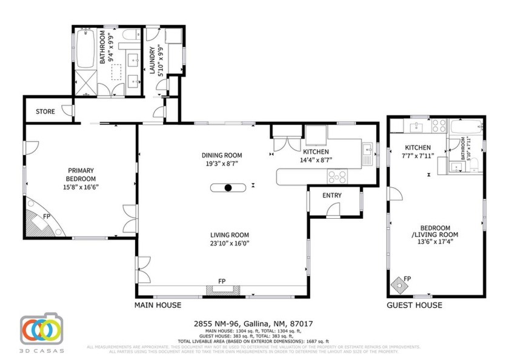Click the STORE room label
click(45, 112)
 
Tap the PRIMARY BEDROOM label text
click(82, 175)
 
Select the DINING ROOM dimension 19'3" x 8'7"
click(221, 164)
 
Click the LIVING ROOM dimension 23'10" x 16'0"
click(230, 244)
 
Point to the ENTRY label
click(332, 195)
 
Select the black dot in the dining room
click(228, 188)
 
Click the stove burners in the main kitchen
click(338, 177)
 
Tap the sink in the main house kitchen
click(367, 148)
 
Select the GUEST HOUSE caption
click(414, 305)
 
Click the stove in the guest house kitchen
click(439, 127)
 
